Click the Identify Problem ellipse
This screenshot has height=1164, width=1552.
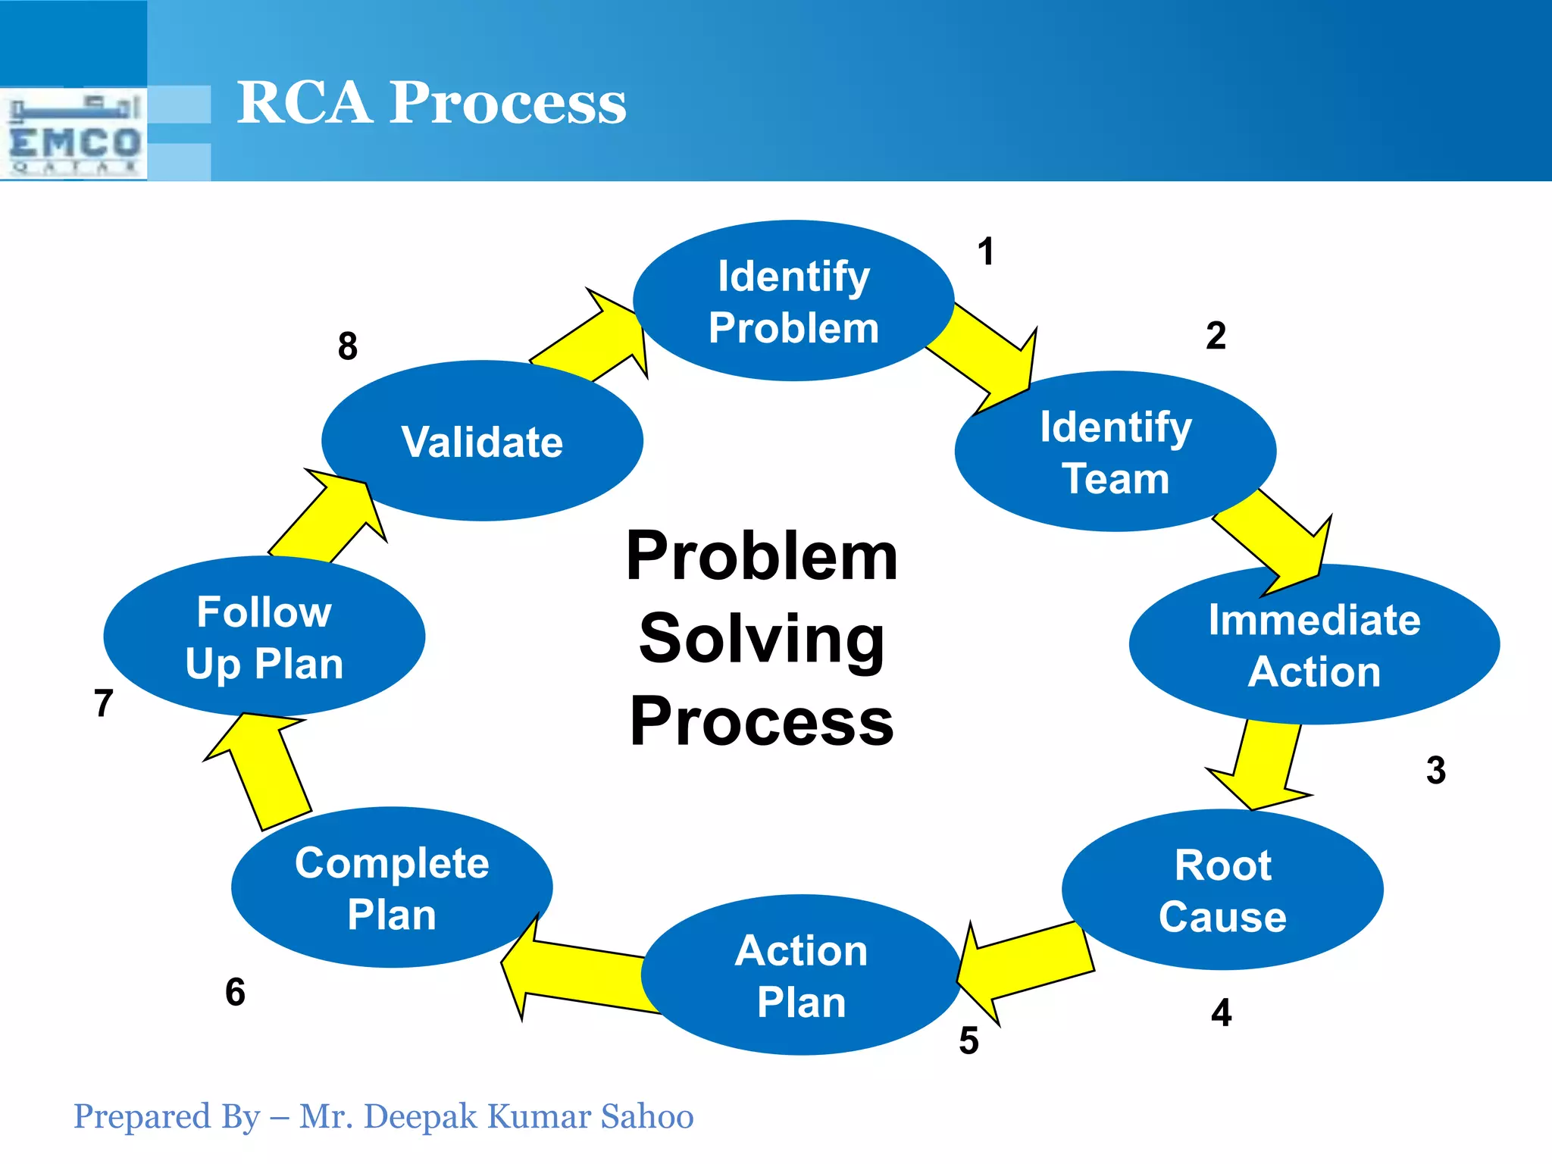[793, 301]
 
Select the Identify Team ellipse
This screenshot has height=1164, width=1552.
[1115, 452]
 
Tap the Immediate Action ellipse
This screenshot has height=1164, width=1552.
[1313, 645]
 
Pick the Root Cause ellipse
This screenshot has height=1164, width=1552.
[1222, 890]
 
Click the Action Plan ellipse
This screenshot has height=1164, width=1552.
[801, 975]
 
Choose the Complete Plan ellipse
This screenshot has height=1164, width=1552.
[392, 887]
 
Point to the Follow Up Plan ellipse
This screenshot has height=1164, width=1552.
[264, 637]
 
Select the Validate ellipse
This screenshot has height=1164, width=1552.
[482, 441]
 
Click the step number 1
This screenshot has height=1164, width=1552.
[985, 252]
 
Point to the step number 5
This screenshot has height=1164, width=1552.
[968, 1040]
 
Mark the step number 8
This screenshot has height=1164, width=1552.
[347, 346]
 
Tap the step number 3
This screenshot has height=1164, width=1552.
[1435, 770]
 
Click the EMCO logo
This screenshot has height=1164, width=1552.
[74, 135]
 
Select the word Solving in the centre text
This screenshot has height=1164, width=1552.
[762, 639]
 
